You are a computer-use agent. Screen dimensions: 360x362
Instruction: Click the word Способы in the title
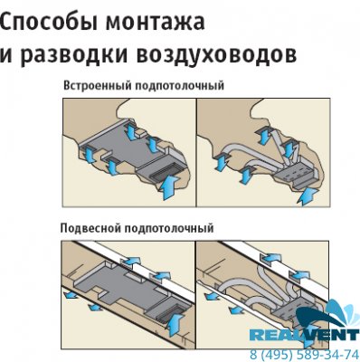coord(48,22)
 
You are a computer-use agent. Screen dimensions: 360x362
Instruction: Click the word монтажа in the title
coord(155,22)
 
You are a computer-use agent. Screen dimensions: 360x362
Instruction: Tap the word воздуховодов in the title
coord(216,55)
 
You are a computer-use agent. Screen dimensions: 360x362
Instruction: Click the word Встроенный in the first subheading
coord(97,86)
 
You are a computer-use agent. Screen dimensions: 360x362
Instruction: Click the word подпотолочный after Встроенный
coord(179,86)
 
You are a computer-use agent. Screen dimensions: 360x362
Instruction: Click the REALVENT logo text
coord(304,335)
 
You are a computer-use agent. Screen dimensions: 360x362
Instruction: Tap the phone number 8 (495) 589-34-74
coord(304,354)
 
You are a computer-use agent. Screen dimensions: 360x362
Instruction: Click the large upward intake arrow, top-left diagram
coord(170,188)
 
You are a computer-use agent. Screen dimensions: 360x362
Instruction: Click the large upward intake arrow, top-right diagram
coord(308,196)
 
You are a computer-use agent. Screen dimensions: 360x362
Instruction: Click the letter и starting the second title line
coord(5,55)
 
